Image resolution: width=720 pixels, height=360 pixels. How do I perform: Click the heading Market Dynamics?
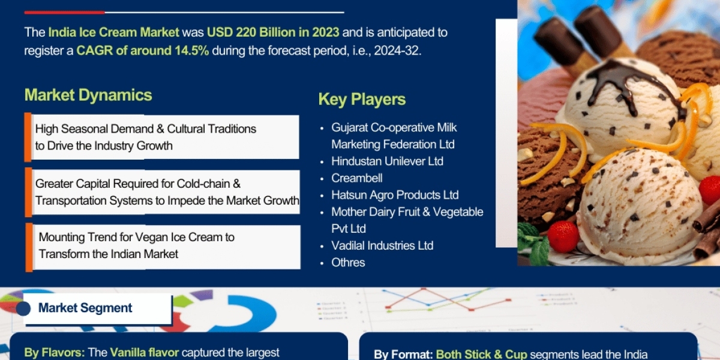pos(88,95)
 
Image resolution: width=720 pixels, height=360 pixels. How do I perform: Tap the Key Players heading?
pos(362,99)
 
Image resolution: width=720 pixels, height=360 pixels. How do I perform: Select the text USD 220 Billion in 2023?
pos(273,32)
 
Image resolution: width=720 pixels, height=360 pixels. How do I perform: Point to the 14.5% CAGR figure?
pos(191,50)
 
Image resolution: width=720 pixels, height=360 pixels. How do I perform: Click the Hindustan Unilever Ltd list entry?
pos(387,161)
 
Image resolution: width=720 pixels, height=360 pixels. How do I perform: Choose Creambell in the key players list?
pos(357,178)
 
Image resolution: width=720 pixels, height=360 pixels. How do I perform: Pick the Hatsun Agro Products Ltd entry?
pos(395,195)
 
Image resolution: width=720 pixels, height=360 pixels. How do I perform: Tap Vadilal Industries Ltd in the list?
pos(382,245)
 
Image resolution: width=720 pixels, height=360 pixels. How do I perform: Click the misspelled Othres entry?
pos(348,262)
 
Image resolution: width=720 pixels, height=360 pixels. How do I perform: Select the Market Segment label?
pos(85,308)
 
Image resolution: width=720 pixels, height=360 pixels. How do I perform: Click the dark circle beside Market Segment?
pos(23,308)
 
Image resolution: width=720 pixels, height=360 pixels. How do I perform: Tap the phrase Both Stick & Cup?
pos(481,355)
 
